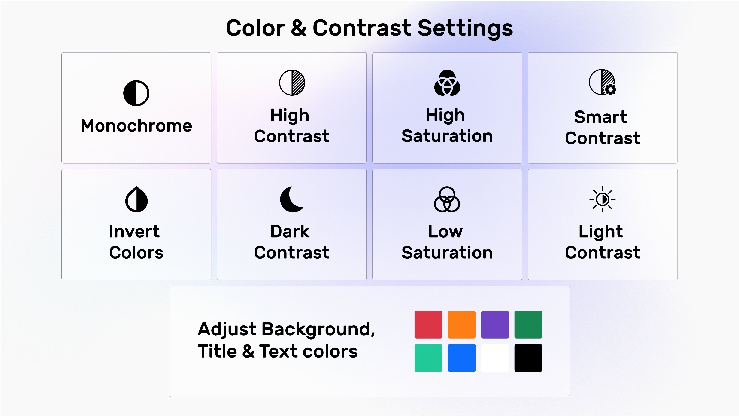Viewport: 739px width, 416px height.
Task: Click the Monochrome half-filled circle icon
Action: pos(136,93)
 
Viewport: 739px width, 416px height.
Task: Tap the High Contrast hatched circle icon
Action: pos(292,83)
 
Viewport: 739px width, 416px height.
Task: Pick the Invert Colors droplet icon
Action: pos(136,199)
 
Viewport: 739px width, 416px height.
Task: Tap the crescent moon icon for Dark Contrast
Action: pos(291,199)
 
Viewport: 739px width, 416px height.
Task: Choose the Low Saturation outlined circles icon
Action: pos(447,199)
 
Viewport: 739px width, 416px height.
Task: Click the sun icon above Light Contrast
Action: pos(603,199)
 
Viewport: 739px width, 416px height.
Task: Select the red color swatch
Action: pos(428,324)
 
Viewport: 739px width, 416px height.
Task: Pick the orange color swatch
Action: pos(462,324)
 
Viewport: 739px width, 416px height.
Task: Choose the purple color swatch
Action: pos(495,324)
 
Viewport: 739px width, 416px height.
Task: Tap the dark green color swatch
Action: pos(528,324)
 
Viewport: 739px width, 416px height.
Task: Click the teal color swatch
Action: pos(428,358)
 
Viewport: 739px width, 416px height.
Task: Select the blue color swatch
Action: pos(462,358)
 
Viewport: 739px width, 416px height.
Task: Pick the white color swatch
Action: pos(495,358)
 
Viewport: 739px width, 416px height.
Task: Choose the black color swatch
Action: pos(528,358)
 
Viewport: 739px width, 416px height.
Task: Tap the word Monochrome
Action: pos(136,125)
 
